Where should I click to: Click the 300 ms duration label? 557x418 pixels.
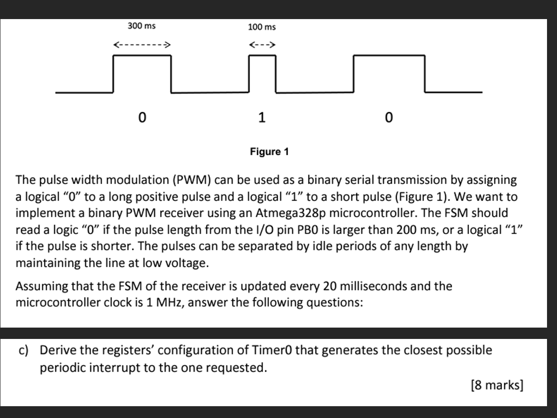pyautogui.click(x=141, y=26)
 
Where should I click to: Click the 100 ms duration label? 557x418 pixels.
pyautogui.click(x=262, y=27)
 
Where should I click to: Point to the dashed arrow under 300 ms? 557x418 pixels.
pyautogui.click(x=142, y=45)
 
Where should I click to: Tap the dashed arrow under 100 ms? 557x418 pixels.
pyautogui.click(x=262, y=45)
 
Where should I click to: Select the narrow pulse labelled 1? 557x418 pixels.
pyautogui.click(x=262, y=73)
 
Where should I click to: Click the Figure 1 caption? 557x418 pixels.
pyautogui.click(x=269, y=152)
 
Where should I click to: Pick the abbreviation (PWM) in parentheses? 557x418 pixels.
pyautogui.click(x=190, y=180)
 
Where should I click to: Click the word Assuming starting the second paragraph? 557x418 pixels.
pyautogui.click(x=39, y=286)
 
